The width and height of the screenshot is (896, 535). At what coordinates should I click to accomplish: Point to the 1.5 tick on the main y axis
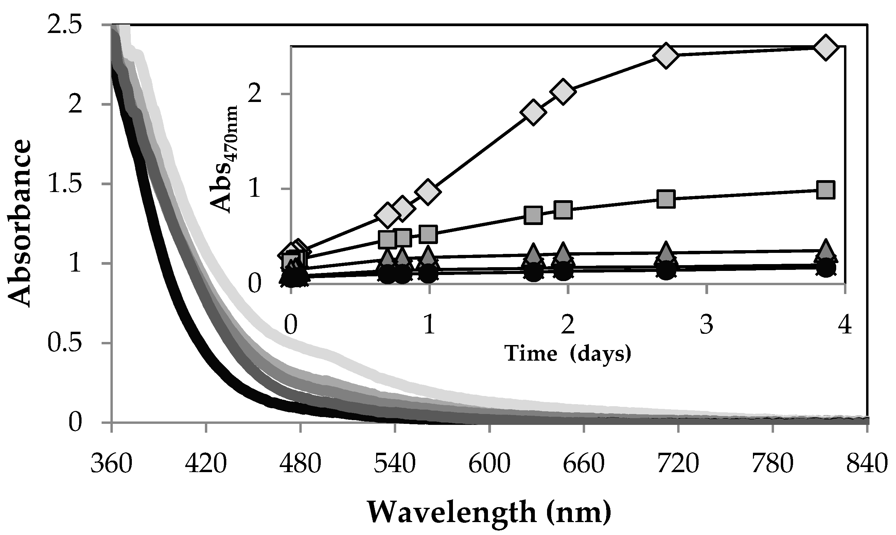68,184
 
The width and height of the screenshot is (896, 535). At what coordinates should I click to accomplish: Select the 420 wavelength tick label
205,464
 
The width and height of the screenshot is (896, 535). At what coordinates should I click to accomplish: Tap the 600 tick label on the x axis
489,464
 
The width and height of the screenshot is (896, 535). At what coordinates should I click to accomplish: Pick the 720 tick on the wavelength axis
678,464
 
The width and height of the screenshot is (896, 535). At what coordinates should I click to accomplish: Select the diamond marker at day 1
428,191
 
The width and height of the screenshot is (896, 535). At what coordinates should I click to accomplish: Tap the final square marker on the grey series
825,190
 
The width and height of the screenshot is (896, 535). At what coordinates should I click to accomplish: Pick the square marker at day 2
563,210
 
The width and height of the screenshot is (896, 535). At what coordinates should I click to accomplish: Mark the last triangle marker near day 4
825,251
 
